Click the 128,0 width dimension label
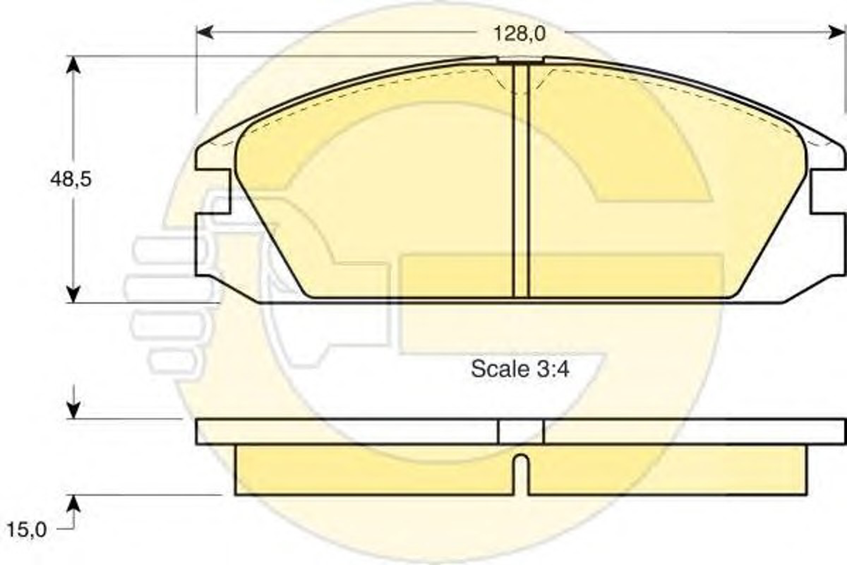519,34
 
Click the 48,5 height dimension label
71,179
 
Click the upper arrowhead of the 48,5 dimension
73,65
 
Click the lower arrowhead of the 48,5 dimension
73,294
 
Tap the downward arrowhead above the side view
73,411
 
